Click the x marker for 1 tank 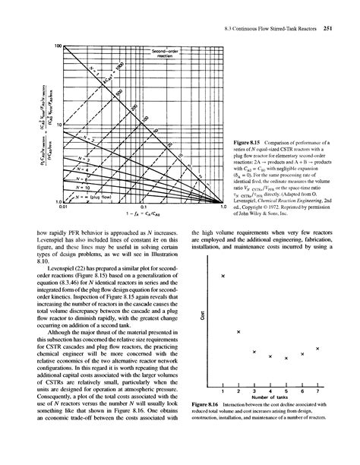click(222, 277)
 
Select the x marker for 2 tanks click(238, 332)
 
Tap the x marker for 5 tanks click(286, 358)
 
